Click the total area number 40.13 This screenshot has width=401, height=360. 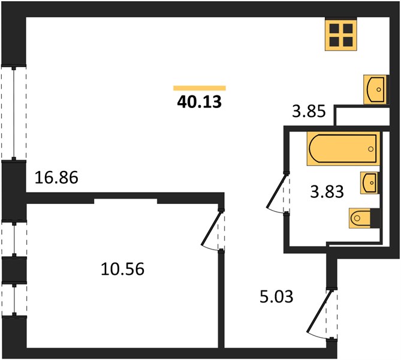[x=199, y=102]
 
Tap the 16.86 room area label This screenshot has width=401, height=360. [x=56, y=178]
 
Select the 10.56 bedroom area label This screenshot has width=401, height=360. [x=123, y=269]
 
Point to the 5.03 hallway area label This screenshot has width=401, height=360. [x=276, y=297]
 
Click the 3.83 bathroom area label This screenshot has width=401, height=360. [x=327, y=192]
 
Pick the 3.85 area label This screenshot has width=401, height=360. [x=309, y=112]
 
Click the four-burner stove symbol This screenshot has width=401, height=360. [x=341, y=35]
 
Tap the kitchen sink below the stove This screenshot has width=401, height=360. [x=375, y=89]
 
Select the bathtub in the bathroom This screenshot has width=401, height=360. [x=343, y=149]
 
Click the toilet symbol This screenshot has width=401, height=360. [x=360, y=218]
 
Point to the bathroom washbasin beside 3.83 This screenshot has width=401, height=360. [x=369, y=182]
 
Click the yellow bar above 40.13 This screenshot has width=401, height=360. [x=200, y=88]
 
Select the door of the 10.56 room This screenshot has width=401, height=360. [x=212, y=230]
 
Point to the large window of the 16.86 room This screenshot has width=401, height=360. [x=14, y=113]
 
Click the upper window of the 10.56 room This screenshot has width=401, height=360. [x=14, y=239]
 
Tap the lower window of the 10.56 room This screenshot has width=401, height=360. [x=14, y=299]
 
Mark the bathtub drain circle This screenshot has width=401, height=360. [x=370, y=149]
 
